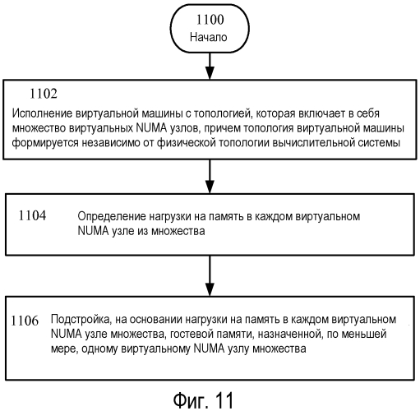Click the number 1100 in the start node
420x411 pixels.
click(x=210, y=20)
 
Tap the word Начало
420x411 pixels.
click(x=209, y=37)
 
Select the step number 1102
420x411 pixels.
click(x=44, y=94)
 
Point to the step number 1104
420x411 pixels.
click(x=32, y=215)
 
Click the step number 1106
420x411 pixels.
click(x=25, y=321)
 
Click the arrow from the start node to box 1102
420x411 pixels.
click(x=210, y=66)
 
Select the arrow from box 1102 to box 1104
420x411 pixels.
click(x=210, y=177)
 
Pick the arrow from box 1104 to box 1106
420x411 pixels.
click(x=210, y=276)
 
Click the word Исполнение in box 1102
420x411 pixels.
click(x=42, y=113)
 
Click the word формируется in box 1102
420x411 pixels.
click(x=45, y=143)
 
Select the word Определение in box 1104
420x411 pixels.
click(x=112, y=217)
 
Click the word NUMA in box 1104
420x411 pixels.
click(x=94, y=231)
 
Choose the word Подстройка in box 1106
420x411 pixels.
click(x=81, y=320)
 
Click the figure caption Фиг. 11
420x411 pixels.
click(x=203, y=400)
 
